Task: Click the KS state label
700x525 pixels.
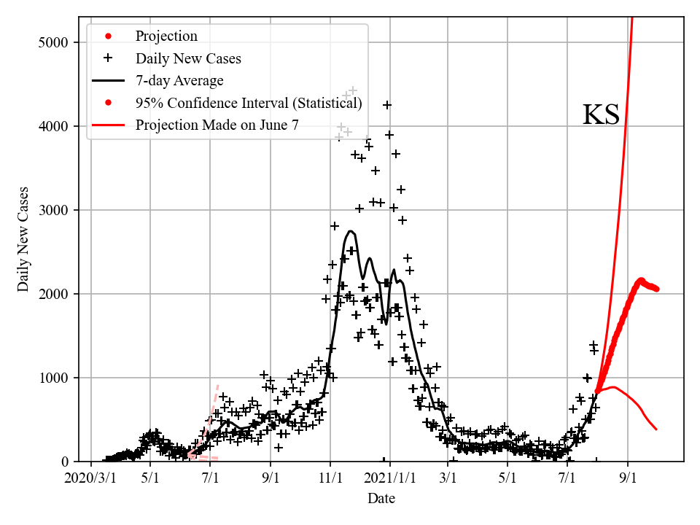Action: click(x=601, y=115)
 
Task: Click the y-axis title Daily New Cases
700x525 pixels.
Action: click(x=23, y=239)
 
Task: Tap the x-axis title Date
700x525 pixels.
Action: click(x=381, y=499)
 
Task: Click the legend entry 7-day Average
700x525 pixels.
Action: click(x=179, y=80)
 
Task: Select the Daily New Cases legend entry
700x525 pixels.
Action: click(x=188, y=58)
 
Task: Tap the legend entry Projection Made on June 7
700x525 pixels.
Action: click(x=217, y=125)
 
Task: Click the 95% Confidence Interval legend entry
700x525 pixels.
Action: click(x=249, y=103)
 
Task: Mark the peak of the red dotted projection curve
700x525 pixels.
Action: click(x=641, y=280)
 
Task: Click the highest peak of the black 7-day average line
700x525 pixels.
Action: click(x=351, y=231)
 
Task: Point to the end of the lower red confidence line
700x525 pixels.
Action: click(x=656, y=429)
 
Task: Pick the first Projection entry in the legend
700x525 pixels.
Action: click(x=166, y=36)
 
